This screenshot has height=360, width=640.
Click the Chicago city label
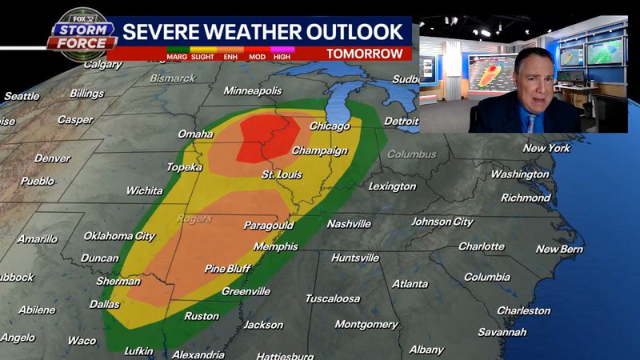coord(330,126)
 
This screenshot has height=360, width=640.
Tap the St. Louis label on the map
coord(281,174)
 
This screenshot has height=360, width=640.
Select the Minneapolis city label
coord(253,91)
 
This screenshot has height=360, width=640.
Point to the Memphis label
coord(277,246)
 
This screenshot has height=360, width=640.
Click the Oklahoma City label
coord(119,236)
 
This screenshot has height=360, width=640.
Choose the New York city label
coord(546,149)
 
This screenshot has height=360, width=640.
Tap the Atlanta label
coord(410,284)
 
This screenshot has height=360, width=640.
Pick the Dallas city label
coord(105,304)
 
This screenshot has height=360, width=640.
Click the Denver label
coord(52,158)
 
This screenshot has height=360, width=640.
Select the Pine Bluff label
coord(227,269)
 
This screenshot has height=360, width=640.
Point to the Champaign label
coord(319,150)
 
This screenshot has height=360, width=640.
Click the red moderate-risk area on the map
coord(267,136)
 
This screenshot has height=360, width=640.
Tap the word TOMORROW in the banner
coord(364,54)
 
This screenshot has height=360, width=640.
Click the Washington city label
coord(520,174)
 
